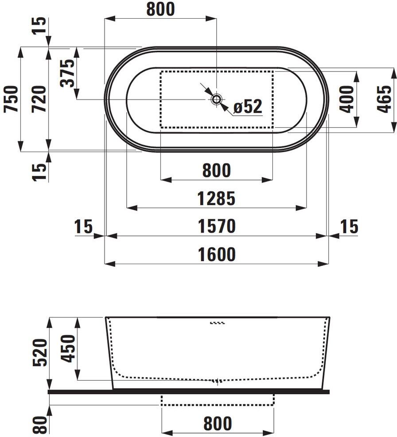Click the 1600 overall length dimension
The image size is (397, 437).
[217, 254]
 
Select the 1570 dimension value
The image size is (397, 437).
[217, 226]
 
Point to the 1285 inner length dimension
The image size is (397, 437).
[216, 199]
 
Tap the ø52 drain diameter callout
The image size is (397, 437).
[248, 106]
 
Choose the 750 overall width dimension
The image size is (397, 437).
[12, 99]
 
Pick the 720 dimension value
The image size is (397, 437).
[39, 99]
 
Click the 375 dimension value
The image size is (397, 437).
[67, 73]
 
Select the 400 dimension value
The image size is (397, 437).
[346, 99]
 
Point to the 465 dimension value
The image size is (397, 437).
[384, 99]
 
